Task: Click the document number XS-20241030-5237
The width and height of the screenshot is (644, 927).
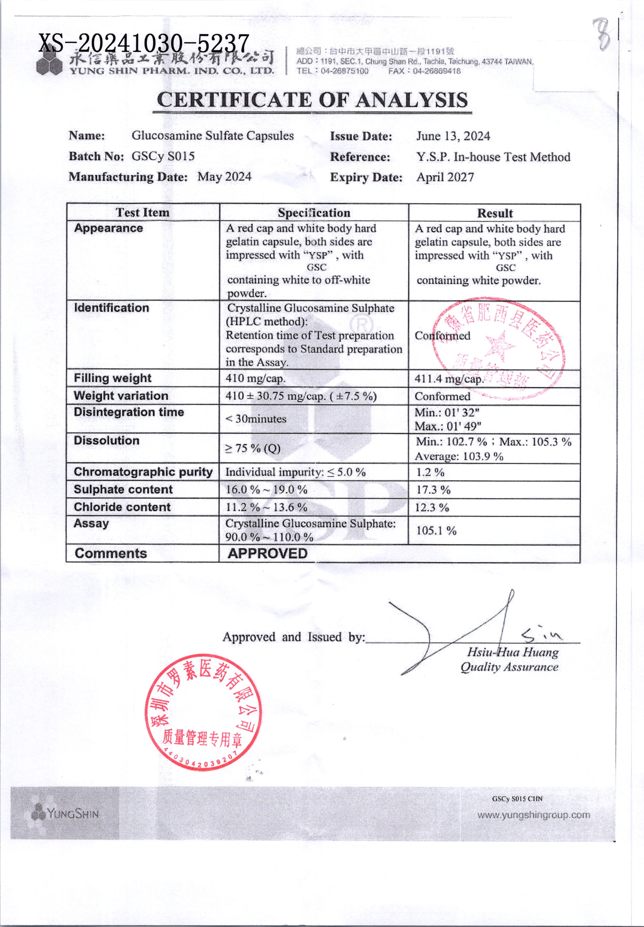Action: click(144, 43)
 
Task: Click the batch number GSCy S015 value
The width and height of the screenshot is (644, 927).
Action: click(163, 156)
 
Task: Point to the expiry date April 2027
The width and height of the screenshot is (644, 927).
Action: click(445, 177)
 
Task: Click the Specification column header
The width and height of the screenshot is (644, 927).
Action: click(314, 213)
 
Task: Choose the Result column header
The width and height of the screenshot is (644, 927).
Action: click(495, 213)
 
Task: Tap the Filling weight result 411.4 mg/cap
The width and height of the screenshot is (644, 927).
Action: click(448, 379)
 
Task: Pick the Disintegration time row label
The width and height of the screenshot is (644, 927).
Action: click(129, 412)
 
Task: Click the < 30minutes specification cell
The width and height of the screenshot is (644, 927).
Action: click(255, 419)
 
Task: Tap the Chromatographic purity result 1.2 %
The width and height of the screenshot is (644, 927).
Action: click(430, 472)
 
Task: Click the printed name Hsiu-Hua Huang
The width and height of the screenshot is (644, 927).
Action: click(513, 652)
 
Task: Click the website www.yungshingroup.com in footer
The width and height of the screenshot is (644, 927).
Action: click(533, 815)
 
